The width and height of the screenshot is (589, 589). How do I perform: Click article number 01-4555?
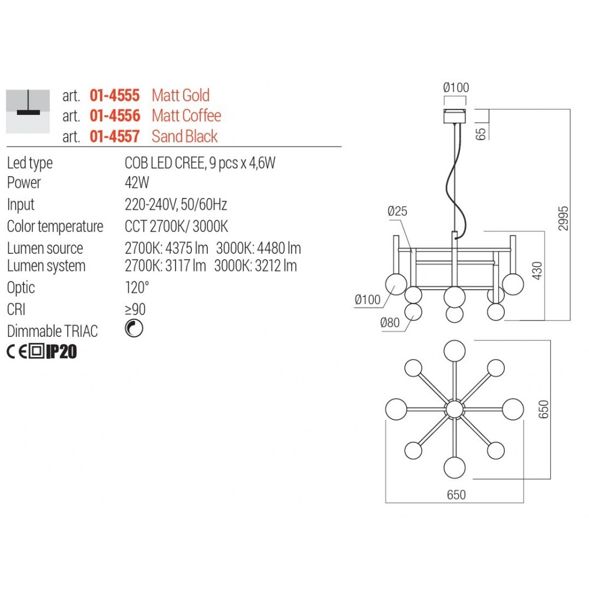[115, 95]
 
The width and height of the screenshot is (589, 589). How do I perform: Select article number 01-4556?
[115, 115]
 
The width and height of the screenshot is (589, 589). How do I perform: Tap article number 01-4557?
[115, 136]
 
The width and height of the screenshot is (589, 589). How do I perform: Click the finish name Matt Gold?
[180, 95]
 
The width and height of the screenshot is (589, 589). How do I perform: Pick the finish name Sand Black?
[184, 136]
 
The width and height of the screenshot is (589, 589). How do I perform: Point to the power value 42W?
[137, 183]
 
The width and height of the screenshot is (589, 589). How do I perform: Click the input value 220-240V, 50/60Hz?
[176, 204]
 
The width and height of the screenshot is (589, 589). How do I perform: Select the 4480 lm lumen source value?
[279, 248]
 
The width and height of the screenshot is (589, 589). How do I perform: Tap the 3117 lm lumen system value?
[186, 266]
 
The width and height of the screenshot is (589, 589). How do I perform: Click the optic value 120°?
[137, 287]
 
